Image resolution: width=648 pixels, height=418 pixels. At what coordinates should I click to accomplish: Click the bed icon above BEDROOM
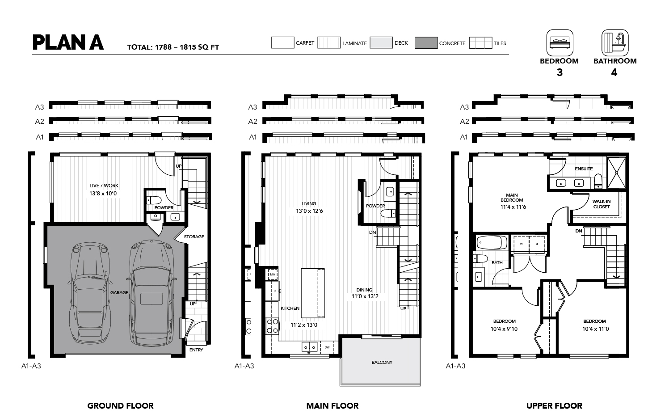560,42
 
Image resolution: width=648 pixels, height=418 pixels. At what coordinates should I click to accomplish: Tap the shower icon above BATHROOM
615,42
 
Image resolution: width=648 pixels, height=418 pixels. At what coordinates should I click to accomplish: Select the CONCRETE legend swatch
426,42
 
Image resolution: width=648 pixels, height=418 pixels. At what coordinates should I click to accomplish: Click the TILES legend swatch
480,42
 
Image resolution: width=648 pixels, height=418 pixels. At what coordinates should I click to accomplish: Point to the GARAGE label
119,293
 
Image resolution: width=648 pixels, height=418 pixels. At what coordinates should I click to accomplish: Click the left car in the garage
90,292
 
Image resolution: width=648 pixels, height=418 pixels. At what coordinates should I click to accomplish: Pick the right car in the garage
152,292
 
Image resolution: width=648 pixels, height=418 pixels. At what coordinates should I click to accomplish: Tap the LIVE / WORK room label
104,186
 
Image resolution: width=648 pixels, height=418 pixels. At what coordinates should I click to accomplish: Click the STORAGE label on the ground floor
194,237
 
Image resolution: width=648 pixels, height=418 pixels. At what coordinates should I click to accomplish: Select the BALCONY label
382,363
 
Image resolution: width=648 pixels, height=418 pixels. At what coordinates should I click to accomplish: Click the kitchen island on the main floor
313,293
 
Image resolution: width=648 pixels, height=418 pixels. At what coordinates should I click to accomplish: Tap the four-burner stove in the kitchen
272,326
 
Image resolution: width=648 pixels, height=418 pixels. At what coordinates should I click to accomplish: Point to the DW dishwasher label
327,347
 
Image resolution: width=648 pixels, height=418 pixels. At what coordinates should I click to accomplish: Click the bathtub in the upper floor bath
492,242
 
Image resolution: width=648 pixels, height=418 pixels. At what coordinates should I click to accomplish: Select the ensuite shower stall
616,173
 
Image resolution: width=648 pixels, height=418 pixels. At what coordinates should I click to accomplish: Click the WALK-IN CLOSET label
602,204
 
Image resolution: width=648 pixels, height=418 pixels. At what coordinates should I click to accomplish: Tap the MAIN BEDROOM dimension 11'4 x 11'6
513,207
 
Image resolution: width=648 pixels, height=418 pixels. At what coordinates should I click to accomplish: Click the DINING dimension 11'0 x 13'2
365,296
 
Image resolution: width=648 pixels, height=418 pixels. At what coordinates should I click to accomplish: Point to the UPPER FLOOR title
554,406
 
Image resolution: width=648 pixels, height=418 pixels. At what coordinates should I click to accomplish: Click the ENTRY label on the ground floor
196,350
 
